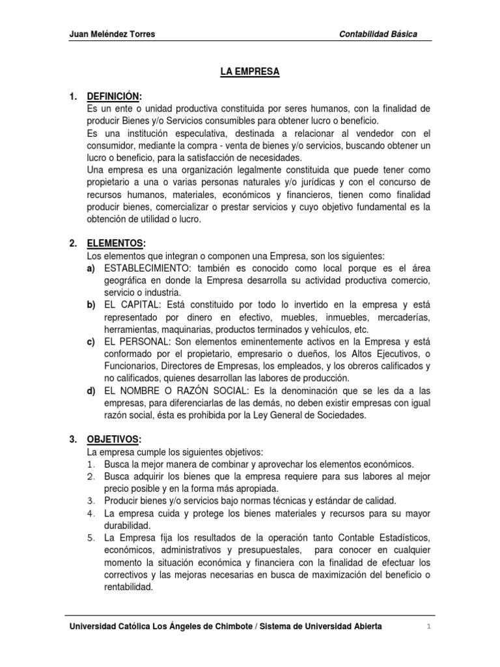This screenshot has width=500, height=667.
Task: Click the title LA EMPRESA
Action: point(250,72)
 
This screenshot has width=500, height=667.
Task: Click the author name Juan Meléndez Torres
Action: point(112,35)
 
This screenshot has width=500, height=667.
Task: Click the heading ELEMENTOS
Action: point(115,243)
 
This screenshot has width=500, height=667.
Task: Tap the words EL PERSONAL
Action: point(136,341)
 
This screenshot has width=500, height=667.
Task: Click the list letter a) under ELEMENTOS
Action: point(91,268)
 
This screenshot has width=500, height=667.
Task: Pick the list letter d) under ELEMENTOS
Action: point(91,391)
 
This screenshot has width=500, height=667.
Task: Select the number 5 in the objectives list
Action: point(90,537)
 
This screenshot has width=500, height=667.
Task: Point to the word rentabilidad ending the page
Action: point(128,586)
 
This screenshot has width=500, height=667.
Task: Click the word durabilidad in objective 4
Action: point(127,525)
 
